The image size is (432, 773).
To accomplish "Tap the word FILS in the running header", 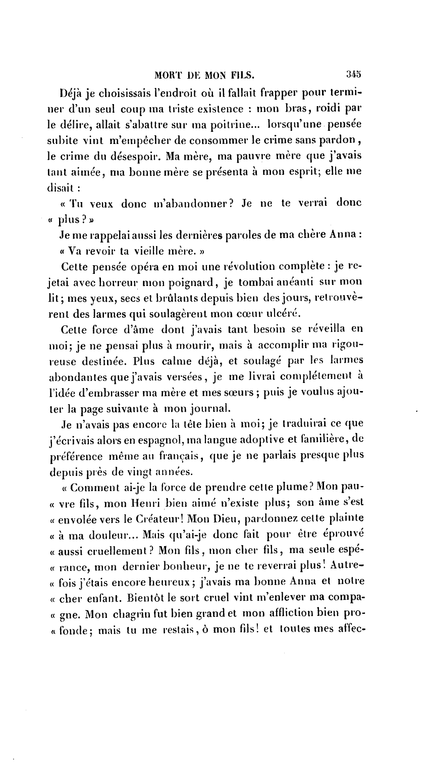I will click(241, 76).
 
